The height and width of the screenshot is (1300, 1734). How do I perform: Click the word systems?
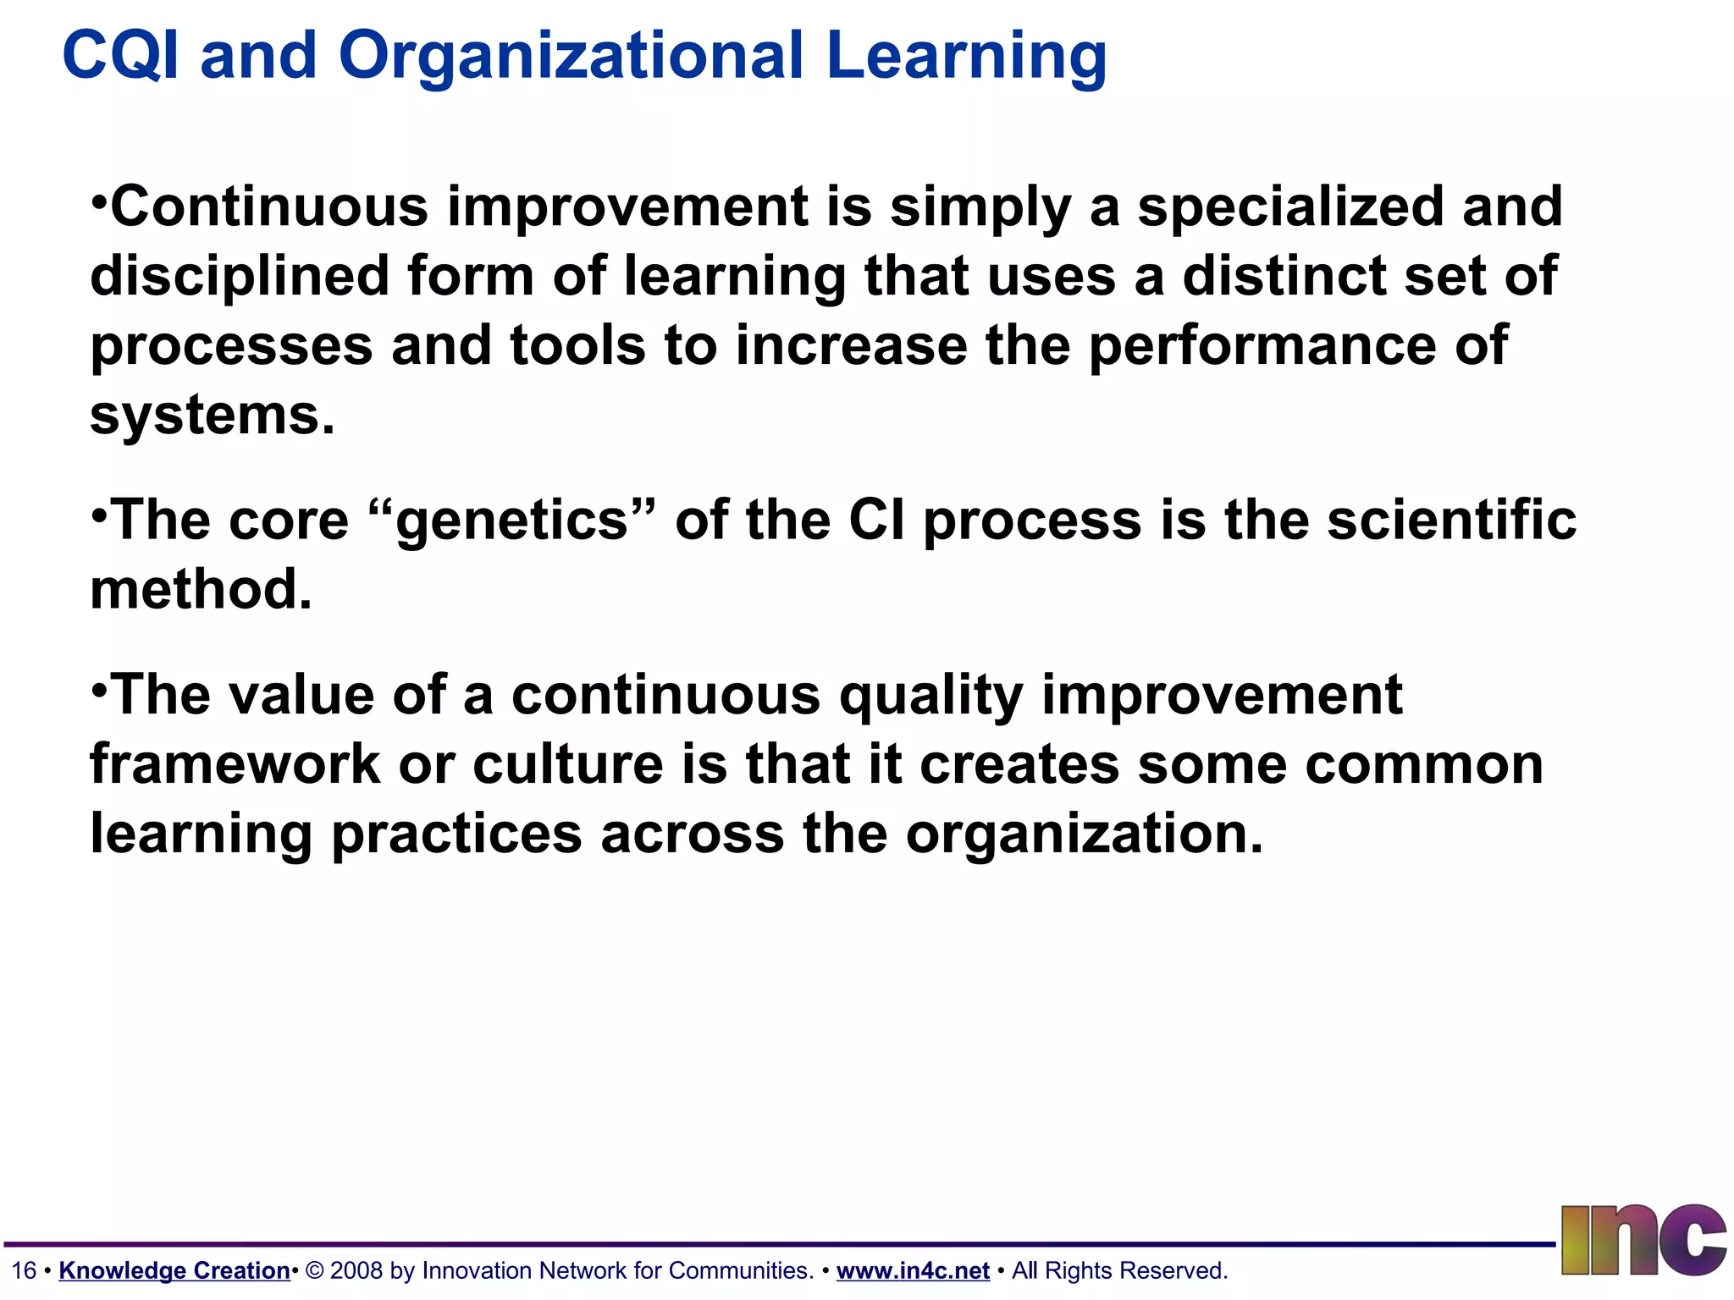pos(212,416)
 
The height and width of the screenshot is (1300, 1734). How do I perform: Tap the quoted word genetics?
pos(512,521)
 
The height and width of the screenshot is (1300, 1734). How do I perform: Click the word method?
pos(201,590)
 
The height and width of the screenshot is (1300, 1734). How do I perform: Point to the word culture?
pos(567,765)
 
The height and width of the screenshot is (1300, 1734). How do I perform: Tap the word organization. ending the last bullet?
pos(1084,835)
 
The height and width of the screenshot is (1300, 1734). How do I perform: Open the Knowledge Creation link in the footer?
pos(174,1270)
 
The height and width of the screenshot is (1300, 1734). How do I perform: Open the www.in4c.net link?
pos(913,1270)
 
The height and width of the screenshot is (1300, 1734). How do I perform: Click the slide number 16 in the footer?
pos(24,1270)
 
